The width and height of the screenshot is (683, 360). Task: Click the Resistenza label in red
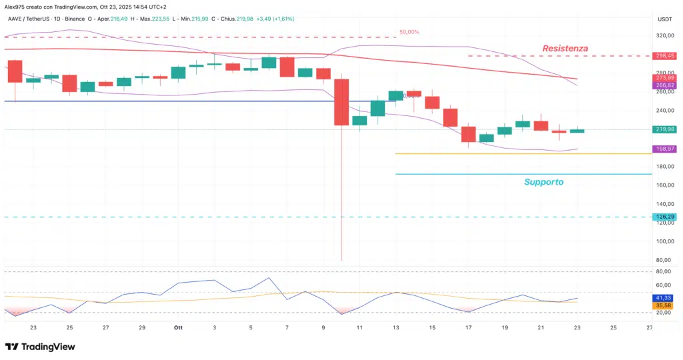point(565,48)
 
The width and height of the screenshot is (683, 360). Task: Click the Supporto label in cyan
point(544,181)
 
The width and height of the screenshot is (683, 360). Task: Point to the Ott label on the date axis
point(178,328)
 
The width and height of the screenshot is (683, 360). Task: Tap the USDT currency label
point(665,19)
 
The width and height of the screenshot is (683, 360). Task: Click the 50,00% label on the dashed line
point(409,32)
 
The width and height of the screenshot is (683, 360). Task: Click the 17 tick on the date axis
point(468,328)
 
